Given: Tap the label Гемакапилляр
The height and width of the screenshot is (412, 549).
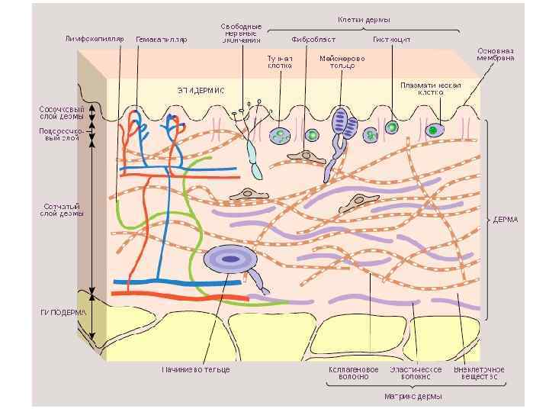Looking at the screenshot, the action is click(162, 38).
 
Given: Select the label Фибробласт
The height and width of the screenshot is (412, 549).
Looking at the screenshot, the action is click(310, 38).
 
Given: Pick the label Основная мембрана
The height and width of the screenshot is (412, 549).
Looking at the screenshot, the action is click(496, 54).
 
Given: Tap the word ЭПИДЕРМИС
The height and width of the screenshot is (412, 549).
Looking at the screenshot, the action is click(201, 90).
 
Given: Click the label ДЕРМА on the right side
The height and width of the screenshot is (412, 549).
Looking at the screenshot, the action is click(505, 220).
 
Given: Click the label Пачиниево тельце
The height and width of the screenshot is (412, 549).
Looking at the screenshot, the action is click(196, 369).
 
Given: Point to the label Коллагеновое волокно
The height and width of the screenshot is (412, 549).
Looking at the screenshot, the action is click(353, 373).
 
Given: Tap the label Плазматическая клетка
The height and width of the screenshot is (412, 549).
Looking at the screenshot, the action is click(432, 89).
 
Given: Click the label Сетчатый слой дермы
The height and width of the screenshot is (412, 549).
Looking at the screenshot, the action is click(62, 210).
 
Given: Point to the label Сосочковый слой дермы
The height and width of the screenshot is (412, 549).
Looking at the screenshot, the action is click(62, 113).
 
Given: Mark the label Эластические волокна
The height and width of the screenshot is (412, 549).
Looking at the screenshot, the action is click(416, 373).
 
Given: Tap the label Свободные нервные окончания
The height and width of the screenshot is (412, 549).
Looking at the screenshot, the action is click(242, 34).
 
